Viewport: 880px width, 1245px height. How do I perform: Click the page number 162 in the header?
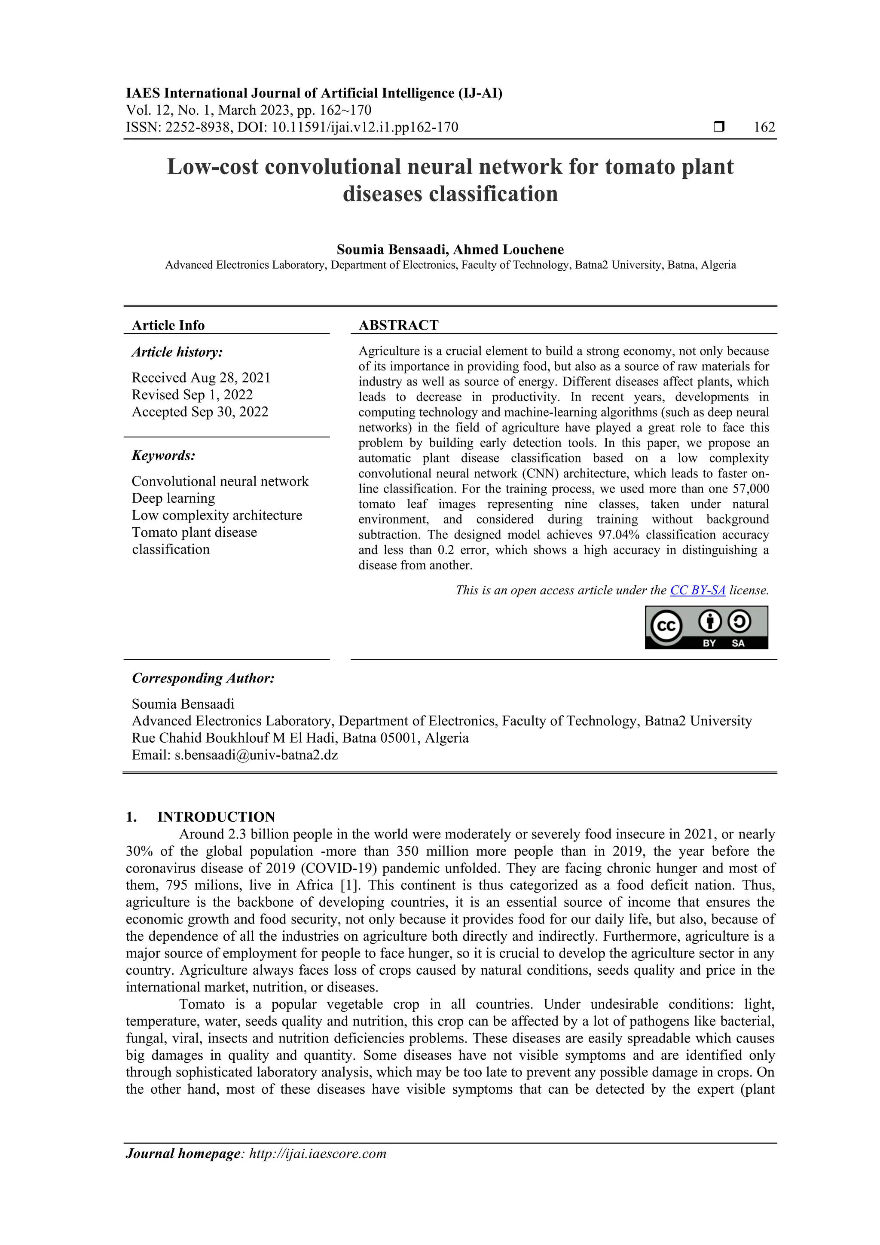764,128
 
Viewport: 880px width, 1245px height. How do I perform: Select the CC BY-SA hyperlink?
697,590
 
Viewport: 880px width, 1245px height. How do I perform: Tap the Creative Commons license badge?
706,627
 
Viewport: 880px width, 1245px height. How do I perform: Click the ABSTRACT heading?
398,325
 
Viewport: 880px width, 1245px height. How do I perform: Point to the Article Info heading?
168,325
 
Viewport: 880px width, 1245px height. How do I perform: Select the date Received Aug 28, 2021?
201,377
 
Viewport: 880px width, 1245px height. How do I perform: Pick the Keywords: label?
163,455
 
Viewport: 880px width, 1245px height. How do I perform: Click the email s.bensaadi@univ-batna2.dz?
256,754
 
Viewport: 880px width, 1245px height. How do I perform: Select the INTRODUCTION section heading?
216,817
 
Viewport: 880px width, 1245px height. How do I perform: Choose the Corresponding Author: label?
203,678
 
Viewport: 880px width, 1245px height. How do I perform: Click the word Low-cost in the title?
213,166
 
